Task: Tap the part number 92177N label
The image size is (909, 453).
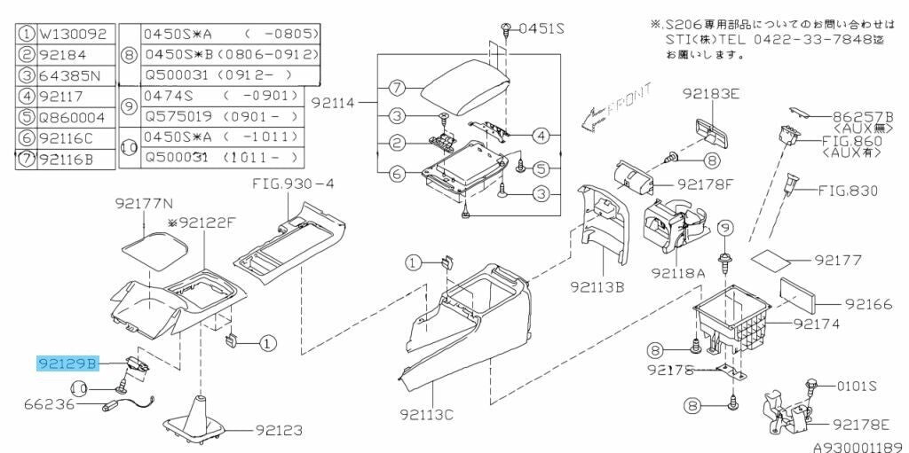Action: pos(144,203)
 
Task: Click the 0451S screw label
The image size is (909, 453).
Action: pos(541,28)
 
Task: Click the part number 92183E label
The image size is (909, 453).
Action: pos(711,93)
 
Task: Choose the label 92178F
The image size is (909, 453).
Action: pos(706,185)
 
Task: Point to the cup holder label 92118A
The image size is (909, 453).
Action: pos(677,272)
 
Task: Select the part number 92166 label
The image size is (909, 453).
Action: pos(868,304)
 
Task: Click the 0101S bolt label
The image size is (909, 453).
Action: pos(857,386)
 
